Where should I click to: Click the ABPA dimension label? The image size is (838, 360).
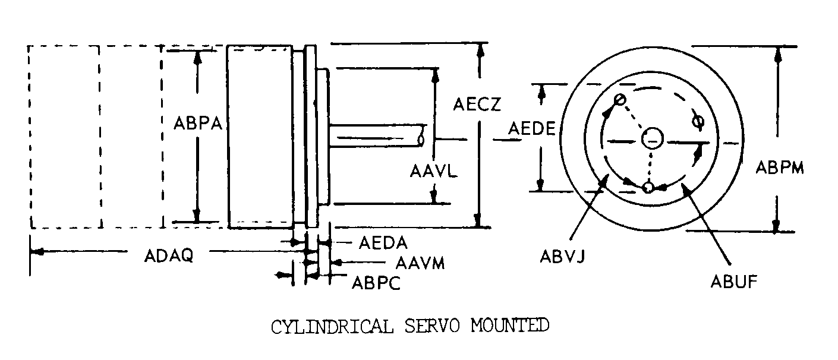coord(198,124)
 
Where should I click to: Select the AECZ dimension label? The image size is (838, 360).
coord(477,105)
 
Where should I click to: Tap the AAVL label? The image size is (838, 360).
coord(434,172)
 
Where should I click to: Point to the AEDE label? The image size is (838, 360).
coord(531,129)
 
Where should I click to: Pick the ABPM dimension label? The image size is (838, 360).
coord(780,168)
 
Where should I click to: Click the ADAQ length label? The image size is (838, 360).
coord(169,256)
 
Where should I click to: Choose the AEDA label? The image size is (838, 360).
coord(383,243)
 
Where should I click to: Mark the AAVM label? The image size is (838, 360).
coord(420,264)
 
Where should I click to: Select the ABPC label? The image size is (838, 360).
coord(376,283)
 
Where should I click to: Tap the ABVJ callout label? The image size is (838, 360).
coord(562,257)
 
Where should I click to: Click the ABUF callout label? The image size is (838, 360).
coord(734,282)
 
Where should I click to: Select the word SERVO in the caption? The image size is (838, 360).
coord(432,326)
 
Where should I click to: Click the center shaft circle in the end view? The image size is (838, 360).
coord(652,138)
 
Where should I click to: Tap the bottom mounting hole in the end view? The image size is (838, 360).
coord(648,188)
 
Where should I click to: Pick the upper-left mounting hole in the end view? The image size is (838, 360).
coord(619,99)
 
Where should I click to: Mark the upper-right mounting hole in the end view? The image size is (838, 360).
coord(698,122)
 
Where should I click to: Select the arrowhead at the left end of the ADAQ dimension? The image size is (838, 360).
coord(37,252)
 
